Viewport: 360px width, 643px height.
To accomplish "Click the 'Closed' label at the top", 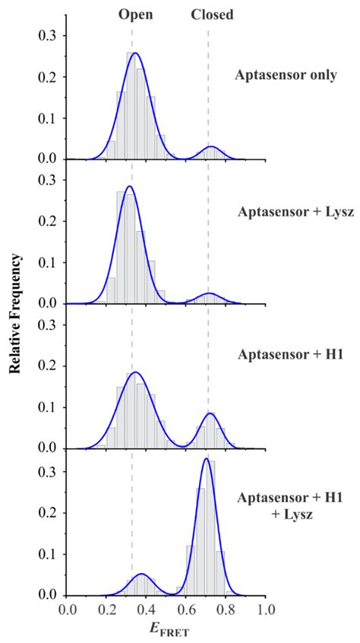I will click(x=212, y=14).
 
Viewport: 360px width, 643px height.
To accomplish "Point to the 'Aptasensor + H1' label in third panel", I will click(x=286, y=354).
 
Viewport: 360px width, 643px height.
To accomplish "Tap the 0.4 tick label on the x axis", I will click(x=147, y=610).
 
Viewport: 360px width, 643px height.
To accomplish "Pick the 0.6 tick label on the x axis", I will click(x=186, y=610).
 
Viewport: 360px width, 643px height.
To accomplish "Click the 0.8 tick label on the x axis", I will click(x=226, y=610).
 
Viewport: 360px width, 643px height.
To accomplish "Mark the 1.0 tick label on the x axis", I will click(x=266, y=610).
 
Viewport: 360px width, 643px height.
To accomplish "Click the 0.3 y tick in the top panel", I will click(x=49, y=36).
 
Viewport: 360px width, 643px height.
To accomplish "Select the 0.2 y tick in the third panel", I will click(x=49, y=366).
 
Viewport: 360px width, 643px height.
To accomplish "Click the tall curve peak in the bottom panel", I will click(x=206, y=459).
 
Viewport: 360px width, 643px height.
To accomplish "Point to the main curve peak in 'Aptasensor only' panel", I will click(x=135, y=53).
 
